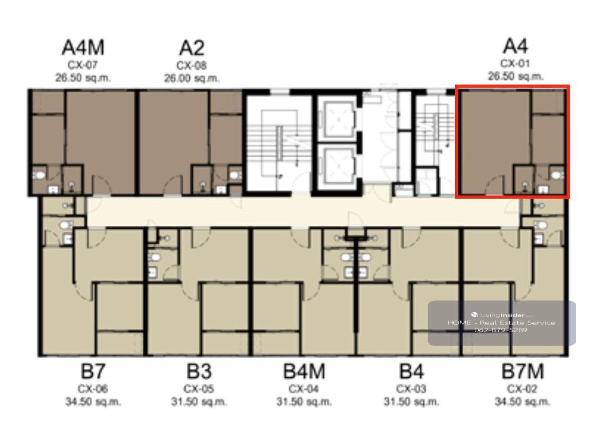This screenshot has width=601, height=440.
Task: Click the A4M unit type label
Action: click(x=83, y=48)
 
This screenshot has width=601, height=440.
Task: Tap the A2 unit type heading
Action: click(x=192, y=48)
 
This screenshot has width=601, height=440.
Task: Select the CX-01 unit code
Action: click(x=515, y=64)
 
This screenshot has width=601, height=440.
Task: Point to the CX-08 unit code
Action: click(x=191, y=66)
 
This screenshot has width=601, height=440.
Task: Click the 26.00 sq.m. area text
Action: click(x=192, y=78)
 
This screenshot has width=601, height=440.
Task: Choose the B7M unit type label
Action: click(x=523, y=371)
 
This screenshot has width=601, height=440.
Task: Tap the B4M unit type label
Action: click(x=305, y=371)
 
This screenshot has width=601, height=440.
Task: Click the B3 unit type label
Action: click(x=199, y=371)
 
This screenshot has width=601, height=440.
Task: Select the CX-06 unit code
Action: click(x=93, y=389)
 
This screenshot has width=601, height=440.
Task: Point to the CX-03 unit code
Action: click(x=411, y=389)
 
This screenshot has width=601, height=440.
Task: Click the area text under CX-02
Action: click(x=522, y=402)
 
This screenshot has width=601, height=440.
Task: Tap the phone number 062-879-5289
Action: click(x=501, y=330)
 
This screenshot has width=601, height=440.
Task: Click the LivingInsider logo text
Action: click(x=502, y=315)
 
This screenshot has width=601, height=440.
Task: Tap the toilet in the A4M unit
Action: click(x=39, y=175)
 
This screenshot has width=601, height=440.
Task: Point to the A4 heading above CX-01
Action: click(x=515, y=46)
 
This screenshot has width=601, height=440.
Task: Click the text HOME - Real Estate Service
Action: click(x=501, y=323)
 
